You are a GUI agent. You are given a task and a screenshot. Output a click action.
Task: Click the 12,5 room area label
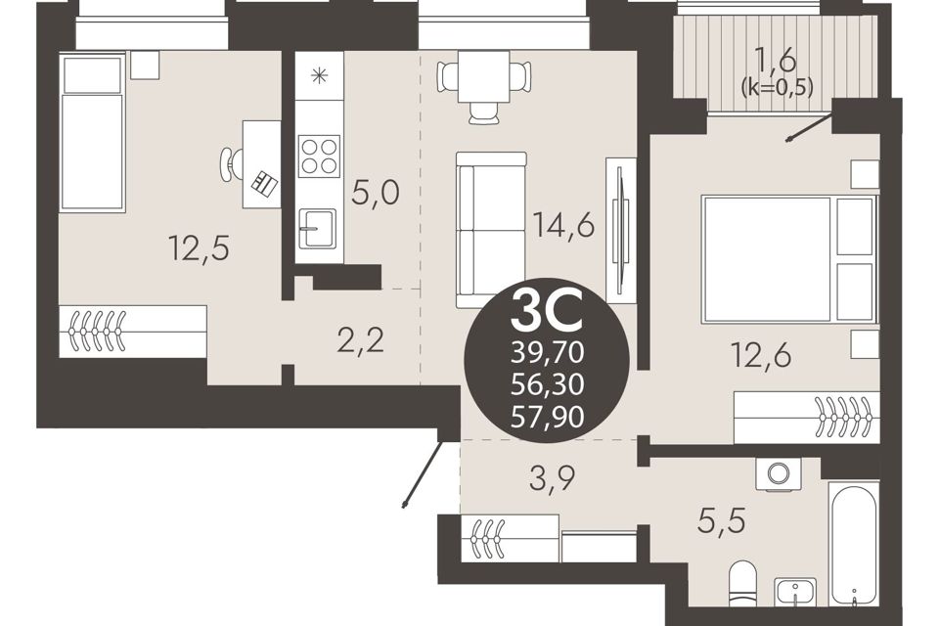199,247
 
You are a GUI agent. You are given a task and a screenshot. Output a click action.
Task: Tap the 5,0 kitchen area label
376,194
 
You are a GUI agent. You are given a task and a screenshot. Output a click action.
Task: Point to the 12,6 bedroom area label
761,355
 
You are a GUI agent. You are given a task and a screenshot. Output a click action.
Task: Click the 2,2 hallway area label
361,340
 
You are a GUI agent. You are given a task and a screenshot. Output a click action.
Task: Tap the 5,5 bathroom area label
721,520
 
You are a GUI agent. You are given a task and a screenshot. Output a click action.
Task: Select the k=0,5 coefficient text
777,88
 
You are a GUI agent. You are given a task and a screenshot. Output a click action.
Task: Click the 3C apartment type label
546,311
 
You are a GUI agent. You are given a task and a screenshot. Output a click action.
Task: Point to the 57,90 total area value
547,416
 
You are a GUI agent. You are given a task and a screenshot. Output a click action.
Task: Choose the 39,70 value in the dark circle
547,354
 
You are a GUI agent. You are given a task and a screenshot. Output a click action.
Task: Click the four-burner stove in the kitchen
319,156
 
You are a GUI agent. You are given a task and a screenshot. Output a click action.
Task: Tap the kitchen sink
317,228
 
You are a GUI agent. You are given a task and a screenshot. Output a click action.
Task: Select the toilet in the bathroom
742,584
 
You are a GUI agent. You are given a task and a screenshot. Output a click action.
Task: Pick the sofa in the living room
491,230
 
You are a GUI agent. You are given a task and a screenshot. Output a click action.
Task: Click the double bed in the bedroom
789,259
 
